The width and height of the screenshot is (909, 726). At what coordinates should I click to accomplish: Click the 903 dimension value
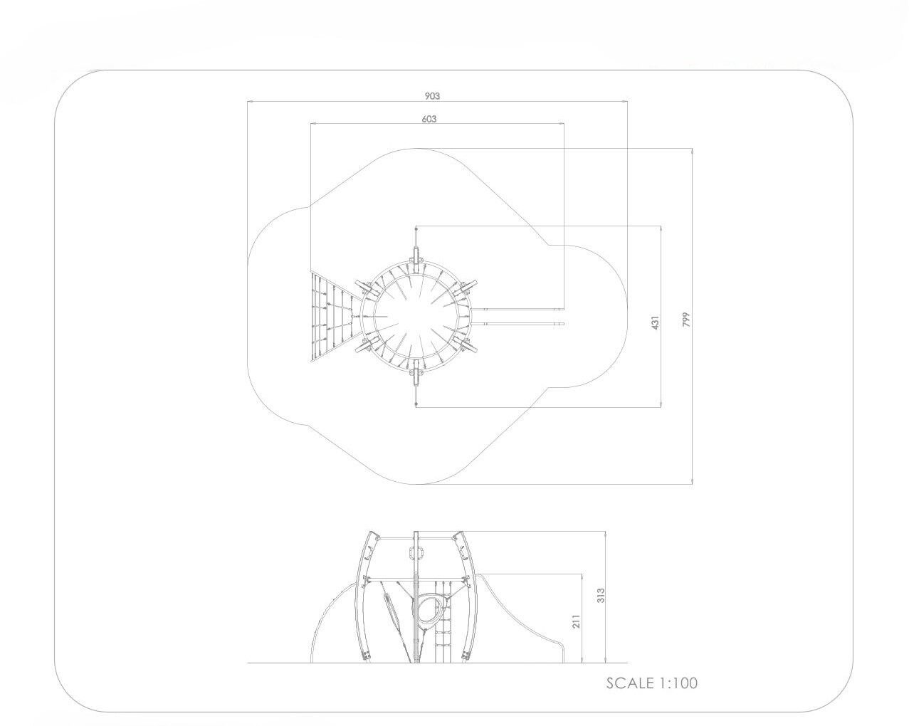[432, 96]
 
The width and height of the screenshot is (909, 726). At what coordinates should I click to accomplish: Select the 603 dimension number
[429, 119]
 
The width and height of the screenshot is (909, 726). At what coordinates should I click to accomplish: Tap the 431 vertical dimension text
[655, 322]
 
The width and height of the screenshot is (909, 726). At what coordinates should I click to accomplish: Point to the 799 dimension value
[686, 320]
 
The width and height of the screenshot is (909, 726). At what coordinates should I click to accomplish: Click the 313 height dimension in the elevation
[601, 595]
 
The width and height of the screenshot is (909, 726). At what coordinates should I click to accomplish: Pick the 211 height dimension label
[577, 621]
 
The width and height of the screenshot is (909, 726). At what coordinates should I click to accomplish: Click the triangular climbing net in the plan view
[333, 316]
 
